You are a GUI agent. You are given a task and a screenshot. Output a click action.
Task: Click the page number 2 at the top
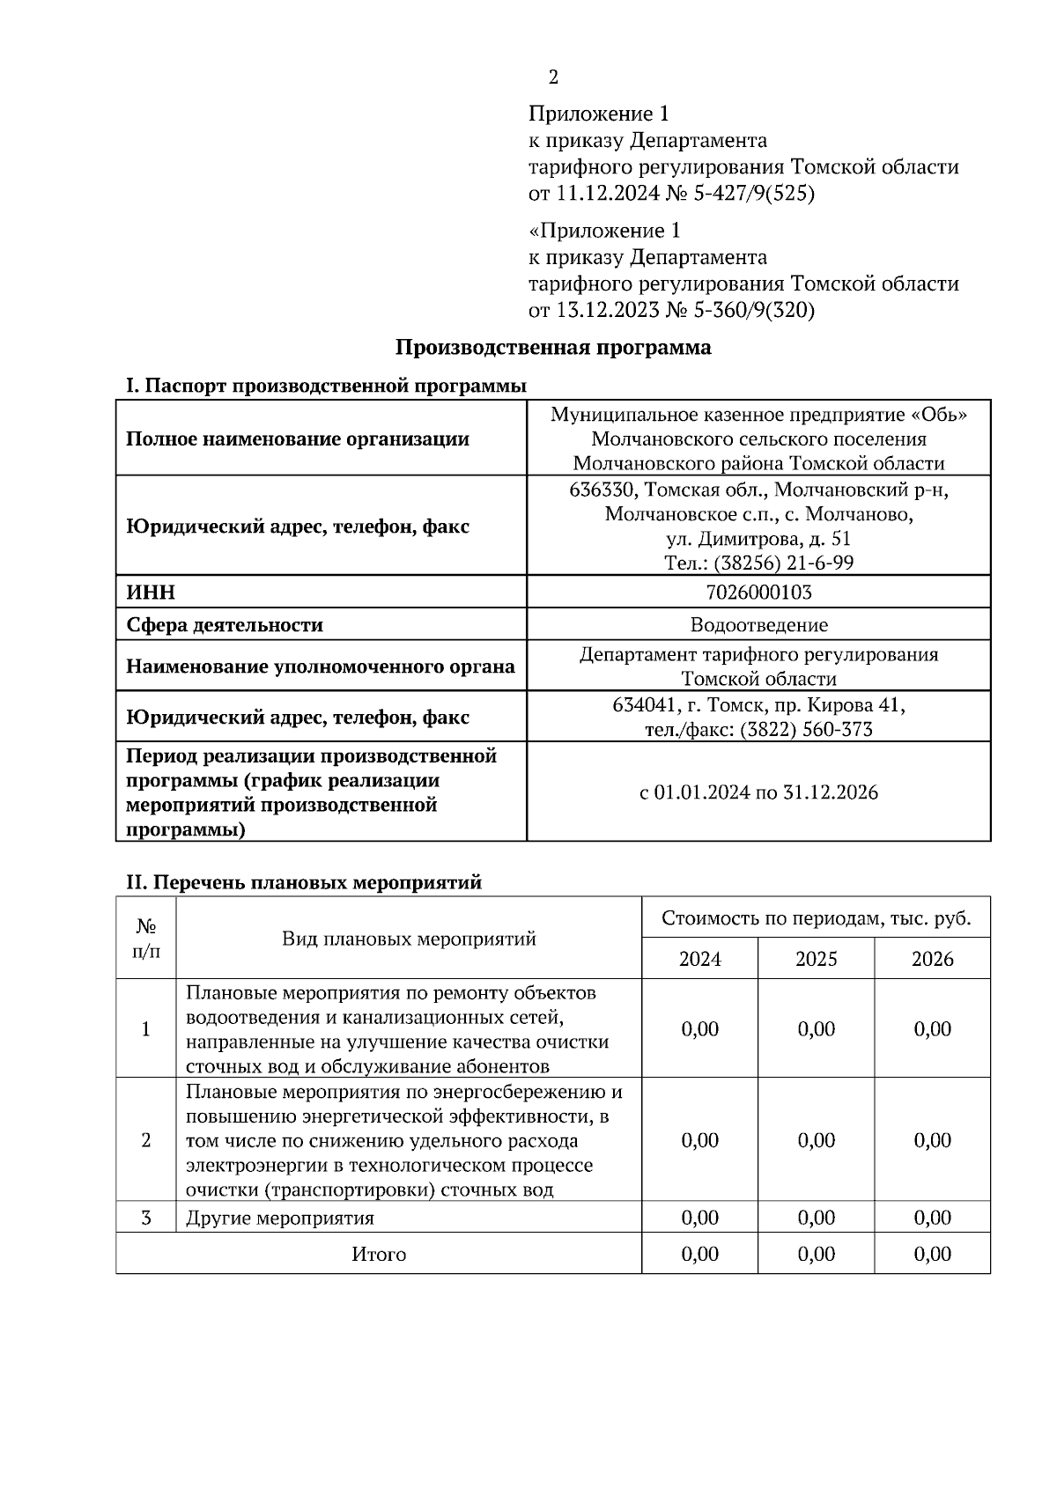(553, 77)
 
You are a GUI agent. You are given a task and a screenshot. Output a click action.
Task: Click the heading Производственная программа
(552, 348)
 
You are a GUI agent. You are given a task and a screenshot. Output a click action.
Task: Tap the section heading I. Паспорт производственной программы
(326, 387)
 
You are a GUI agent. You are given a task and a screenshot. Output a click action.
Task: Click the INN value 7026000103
(758, 593)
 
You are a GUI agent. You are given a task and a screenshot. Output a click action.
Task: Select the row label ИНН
(151, 593)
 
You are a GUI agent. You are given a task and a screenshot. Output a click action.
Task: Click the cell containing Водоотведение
(758, 625)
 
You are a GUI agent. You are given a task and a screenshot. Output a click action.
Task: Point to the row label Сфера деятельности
(225, 625)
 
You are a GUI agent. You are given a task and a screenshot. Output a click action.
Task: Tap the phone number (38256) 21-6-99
(783, 563)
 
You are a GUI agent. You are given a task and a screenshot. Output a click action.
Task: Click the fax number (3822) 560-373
(806, 729)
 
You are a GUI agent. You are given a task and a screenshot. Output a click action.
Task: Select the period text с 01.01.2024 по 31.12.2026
(758, 792)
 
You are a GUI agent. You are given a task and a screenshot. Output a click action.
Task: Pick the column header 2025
(816, 959)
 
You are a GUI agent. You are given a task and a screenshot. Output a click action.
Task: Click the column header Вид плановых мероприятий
(409, 939)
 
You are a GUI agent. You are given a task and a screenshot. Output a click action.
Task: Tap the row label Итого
(379, 1254)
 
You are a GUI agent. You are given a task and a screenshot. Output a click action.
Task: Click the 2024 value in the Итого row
(699, 1254)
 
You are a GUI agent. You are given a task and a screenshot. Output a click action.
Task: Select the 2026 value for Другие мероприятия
(932, 1218)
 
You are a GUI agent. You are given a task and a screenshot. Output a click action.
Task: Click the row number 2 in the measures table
(146, 1140)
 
